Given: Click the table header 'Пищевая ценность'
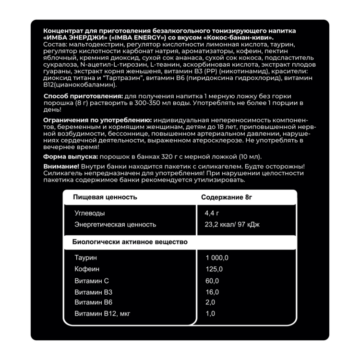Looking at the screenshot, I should coord(105,197).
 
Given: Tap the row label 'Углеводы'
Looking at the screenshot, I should coord(90,213).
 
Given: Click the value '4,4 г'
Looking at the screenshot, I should coord(212,213).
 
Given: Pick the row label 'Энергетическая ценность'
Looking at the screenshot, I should coord(115,225).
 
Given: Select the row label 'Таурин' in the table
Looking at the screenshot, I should coord(86,258).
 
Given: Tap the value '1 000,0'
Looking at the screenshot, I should coord(217,258).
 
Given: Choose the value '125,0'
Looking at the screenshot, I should coord(214,269).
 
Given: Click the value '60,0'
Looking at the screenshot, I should coord(212,281).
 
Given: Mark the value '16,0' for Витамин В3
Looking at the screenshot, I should coord(212,292).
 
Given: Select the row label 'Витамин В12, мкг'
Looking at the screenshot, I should coord(102,314).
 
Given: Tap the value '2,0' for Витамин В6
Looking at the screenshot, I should coord(211,303).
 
